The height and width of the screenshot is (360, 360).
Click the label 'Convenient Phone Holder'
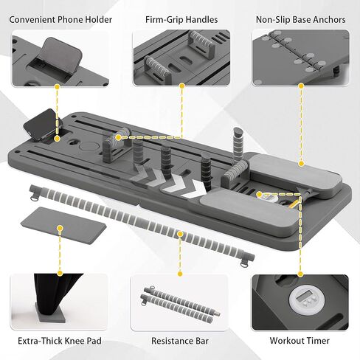pos(60,20)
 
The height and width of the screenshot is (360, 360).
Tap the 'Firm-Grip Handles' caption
pos(181,20)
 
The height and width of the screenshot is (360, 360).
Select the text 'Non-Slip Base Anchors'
pos(300,20)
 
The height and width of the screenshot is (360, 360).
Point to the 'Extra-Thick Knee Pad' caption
pos(60,341)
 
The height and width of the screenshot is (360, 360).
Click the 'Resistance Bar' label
pos(180,341)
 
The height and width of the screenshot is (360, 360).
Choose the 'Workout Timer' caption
pos(300,341)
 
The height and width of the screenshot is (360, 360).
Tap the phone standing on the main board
pos(42,124)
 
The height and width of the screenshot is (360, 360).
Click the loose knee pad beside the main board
pos(63,225)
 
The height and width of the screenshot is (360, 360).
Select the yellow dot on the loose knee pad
pos(60,228)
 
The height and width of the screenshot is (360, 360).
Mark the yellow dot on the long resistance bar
pos(180,234)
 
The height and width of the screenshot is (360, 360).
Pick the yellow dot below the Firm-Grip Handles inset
pos(182,86)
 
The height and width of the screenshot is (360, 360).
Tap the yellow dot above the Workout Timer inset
pos(300,274)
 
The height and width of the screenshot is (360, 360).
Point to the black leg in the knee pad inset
pos(55,294)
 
